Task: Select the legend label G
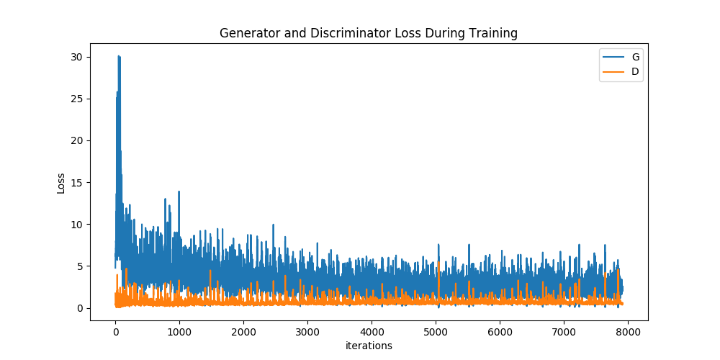[635, 57]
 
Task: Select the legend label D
[635, 71]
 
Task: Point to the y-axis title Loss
[61, 183]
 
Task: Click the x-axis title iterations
[368, 346]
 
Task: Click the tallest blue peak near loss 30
[119, 57]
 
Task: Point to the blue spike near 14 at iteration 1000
[179, 192]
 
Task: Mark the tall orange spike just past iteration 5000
[438, 264]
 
